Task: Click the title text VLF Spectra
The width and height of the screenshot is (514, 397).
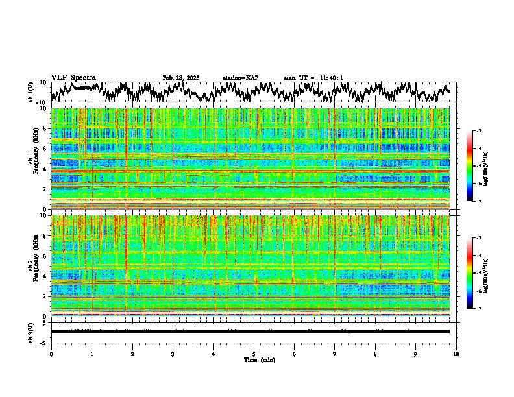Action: coord(73,77)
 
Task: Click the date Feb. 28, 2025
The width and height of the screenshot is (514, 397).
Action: coord(181,78)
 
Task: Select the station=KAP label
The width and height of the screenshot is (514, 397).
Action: coord(241,78)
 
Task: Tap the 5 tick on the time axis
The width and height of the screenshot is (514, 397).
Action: coord(254,353)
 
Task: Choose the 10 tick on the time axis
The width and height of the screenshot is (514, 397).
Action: coord(456,353)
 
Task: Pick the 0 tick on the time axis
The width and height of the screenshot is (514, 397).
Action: coord(51,353)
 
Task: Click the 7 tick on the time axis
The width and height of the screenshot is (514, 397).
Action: coord(335,353)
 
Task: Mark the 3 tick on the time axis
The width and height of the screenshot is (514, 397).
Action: coord(173,353)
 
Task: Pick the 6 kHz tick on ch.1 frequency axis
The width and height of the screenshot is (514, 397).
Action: coord(45,149)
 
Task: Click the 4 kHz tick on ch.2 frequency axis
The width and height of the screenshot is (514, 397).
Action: coord(45,276)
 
